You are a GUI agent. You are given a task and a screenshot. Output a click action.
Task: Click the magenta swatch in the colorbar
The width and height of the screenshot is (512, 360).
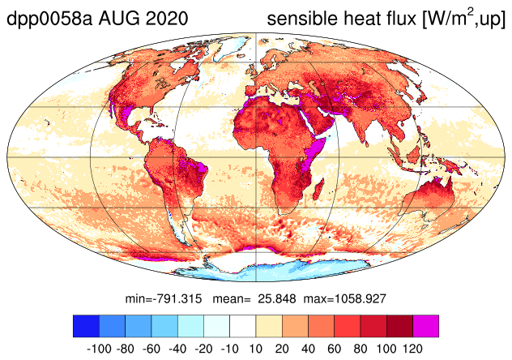pyautogui.click(x=426, y=326)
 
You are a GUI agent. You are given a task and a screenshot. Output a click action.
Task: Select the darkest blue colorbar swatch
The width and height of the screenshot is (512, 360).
pyautogui.click(x=86, y=326)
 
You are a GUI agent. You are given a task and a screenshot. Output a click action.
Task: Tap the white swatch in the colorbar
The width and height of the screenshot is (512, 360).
pyautogui.click(x=243, y=326)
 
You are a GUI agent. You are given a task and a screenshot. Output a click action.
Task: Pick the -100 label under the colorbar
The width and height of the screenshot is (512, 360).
pyautogui.click(x=100, y=349)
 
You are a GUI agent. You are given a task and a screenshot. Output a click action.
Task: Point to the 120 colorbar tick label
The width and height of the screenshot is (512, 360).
pyautogui.click(x=412, y=349)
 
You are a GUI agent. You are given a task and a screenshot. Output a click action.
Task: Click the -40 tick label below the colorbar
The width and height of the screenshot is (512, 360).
pyautogui.click(x=177, y=349)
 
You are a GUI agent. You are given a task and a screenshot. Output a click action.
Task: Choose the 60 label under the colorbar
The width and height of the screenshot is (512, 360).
pyautogui.click(x=335, y=349)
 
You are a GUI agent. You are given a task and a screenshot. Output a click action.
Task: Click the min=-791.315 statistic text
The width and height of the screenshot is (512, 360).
pyautogui.click(x=164, y=298)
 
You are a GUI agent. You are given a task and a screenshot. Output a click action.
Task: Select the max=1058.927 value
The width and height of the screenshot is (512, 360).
pyautogui.click(x=345, y=298)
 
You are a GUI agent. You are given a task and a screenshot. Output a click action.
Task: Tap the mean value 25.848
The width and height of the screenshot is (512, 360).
pyautogui.click(x=277, y=298)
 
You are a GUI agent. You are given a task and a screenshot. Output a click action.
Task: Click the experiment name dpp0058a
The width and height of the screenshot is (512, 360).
pyautogui.click(x=49, y=19)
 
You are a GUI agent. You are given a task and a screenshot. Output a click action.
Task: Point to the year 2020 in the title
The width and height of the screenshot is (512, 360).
pyautogui.click(x=167, y=18)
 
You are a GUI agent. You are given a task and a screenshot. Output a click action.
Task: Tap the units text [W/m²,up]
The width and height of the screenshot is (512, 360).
pyautogui.click(x=464, y=19)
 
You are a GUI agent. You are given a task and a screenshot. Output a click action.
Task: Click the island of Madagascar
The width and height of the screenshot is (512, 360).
pyautogui.click(x=318, y=189)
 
